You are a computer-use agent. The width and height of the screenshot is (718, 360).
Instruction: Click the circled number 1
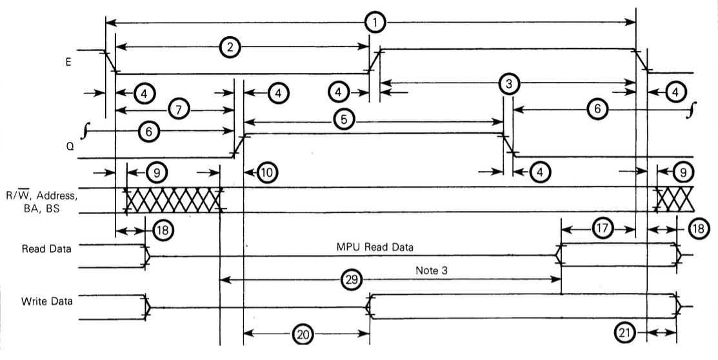coord(374,23)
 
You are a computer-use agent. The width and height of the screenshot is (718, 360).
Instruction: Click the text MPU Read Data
coord(374,247)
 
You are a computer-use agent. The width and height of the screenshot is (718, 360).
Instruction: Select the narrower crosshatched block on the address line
coord(675,200)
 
